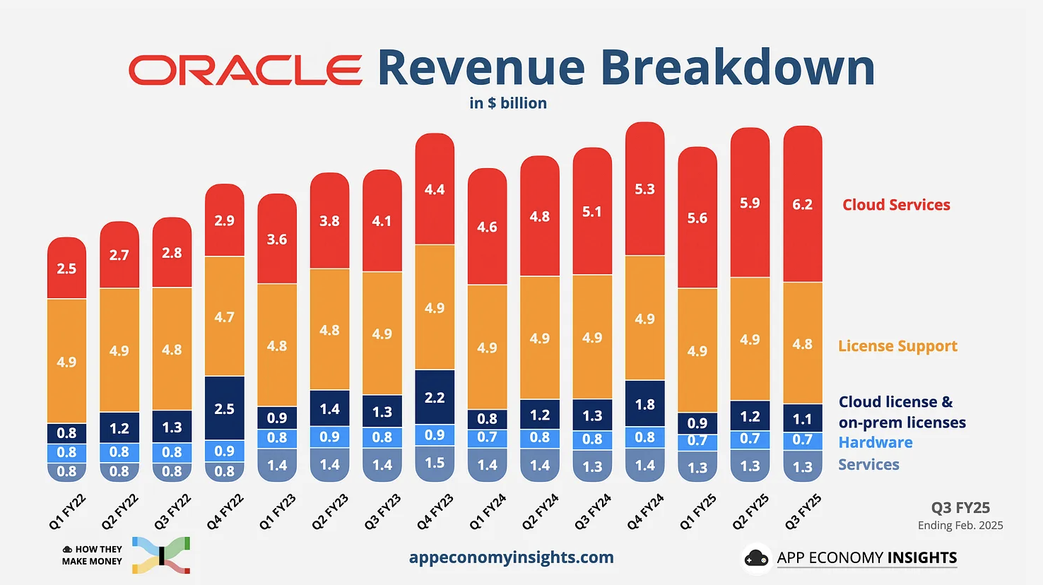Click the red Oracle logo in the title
pos(245,70)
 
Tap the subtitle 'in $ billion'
pos(508,103)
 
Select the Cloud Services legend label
pos(896,205)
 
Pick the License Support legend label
pos(897,346)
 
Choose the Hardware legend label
pos(876,443)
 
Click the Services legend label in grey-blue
pos(868,465)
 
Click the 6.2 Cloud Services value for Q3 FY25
pos(802,205)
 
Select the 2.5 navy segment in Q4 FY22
pos(224,409)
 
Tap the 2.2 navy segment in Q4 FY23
pos(435,398)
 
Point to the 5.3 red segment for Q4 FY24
pos(644,189)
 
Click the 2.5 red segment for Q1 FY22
pos(66,268)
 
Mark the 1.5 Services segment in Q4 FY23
pos(435,463)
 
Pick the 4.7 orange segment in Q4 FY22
pos(224,317)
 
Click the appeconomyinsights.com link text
pos(511,557)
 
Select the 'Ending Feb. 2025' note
pos(960,526)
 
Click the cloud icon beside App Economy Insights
pos(756,558)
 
